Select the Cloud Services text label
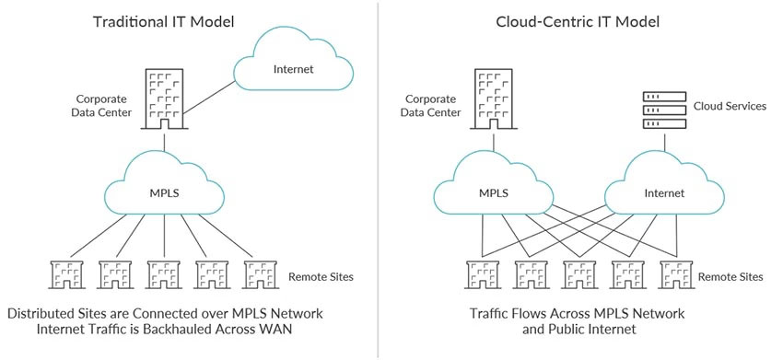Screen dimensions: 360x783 (729, 106)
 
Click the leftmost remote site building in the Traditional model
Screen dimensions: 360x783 (67, 275)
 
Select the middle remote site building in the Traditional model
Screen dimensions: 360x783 (164, 275)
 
